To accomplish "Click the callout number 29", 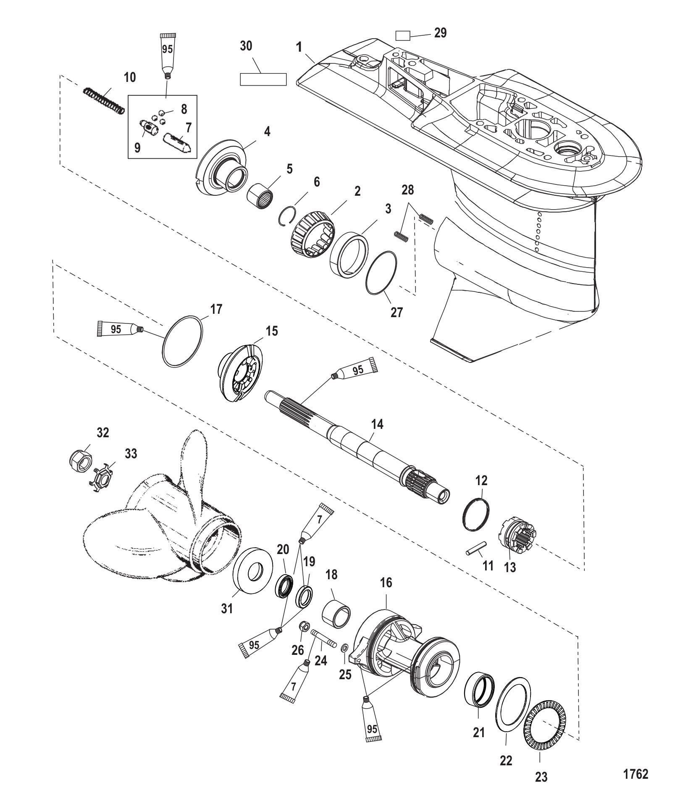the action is pyautogui.click(x=440, y=33).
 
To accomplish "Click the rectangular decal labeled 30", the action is pyautogui.click(x=263, y=79).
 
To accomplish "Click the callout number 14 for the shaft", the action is pyautogui.click(x=377, y=425).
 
